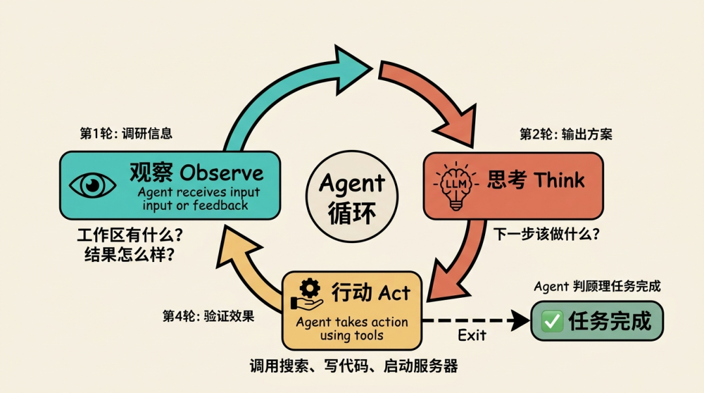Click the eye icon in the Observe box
(93, 185)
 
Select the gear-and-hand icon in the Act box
(307, 295)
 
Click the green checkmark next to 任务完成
(553, 321)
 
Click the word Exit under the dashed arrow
(471, 336)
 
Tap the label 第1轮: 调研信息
(126, 134)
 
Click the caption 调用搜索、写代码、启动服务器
(353, 366)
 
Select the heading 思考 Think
(536, 181)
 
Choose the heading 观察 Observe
(196, 173)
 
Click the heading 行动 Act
(371, 293)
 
